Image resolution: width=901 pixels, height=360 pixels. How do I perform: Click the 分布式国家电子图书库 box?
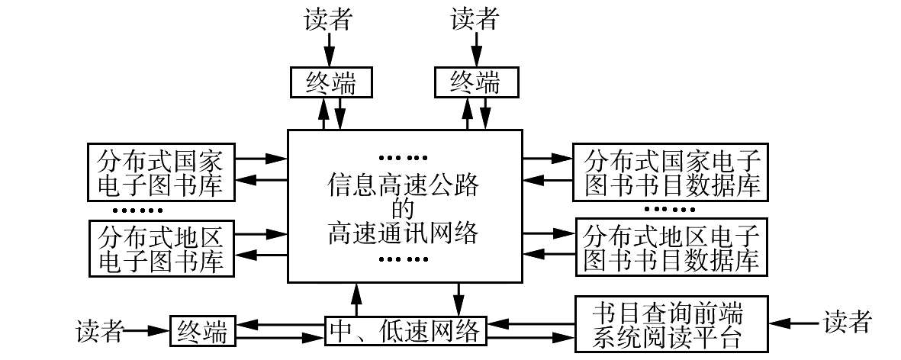click(x=160, y=170)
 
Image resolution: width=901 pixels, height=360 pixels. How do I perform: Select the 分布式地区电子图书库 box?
click(x=160, y=247)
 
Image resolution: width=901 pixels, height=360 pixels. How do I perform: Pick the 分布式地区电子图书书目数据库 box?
click(x=671, y=247)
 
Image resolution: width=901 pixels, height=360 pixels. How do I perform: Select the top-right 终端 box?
click(x=473, y=82)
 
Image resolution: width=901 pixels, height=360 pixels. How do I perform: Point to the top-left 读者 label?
click(x=329, y=19)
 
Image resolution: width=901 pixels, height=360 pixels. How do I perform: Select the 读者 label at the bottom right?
click(x=847, y=323)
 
